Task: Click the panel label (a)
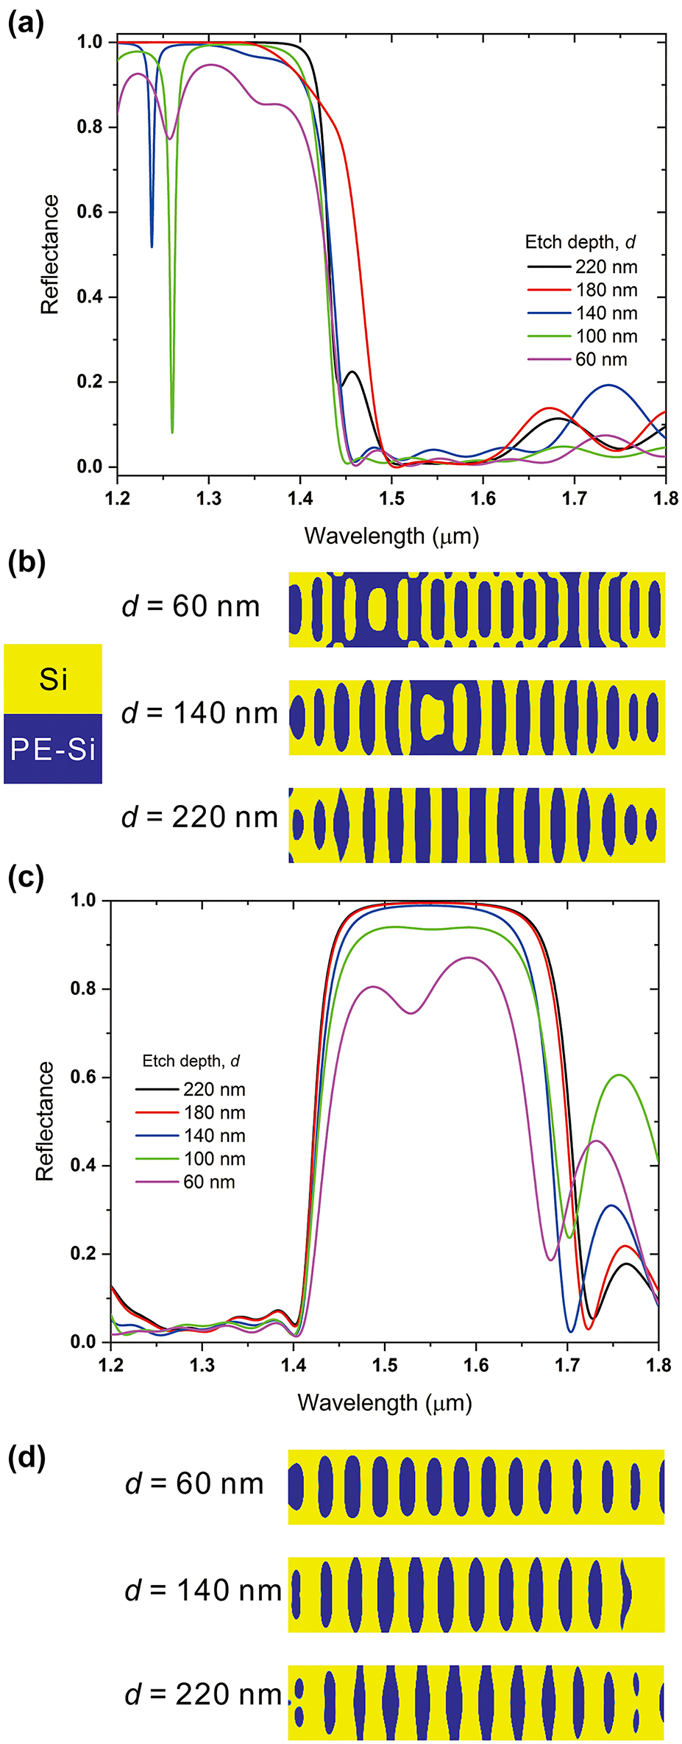pyautogui.click(x=26, y=24)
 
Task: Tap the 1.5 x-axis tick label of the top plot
pyautogui.click(x=391, y=499)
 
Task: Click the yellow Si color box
pyautogui.click(x=53, y=678)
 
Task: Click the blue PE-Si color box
pyautogui.click(x=53, y=749)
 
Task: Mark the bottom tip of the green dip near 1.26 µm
pyautogui.click(x=172, y=432)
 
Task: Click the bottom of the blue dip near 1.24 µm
pyautogui.click(x=152, y=246)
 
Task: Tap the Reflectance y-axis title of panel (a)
pyautogui.click(x=49, y=255)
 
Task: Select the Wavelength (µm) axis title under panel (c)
pyautogui.click(x=384, y=1403)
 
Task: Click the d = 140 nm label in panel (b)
pyautogui.click(x=200, y=713)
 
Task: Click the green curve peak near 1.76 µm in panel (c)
pyautogui.click(x=619, y=1075)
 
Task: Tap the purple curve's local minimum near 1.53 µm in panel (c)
pyautogui.click(x=411, y=1013)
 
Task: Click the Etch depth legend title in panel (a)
pyautogui.click(x=580, y=242)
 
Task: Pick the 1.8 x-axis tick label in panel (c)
pyautogui.click(x=658, y=1366)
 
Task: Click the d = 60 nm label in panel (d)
pyautogui.click(x=195, y=1484)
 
